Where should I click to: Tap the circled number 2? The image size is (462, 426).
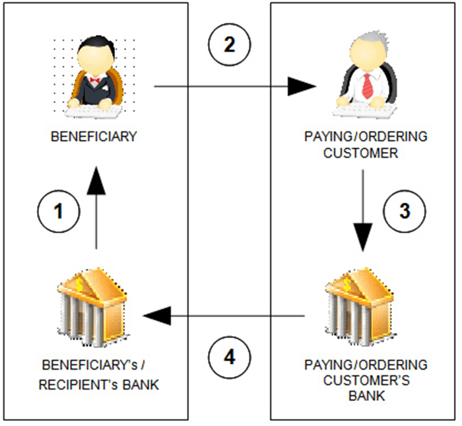(229, 46)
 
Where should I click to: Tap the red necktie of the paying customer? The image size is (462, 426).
(368, 85)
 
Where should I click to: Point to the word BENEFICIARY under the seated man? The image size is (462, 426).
(94, 137)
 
